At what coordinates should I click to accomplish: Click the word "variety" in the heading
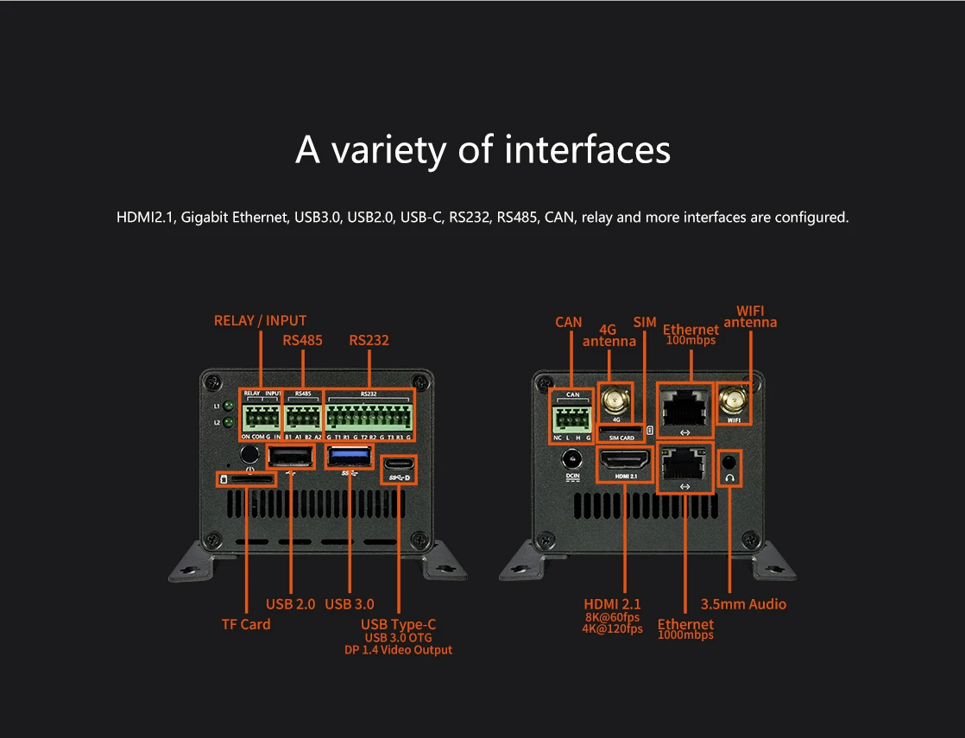tap(388, 150)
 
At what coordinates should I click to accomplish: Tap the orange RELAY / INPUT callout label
tap(260, 320)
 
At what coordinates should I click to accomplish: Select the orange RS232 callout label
tap(369, 340)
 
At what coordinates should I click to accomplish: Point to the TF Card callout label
tap(246, 624)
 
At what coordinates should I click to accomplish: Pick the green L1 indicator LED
tap(230, 407)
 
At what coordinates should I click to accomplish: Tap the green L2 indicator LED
tap(230, 422)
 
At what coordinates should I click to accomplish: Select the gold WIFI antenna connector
tap(733, 401)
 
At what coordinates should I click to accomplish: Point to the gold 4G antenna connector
tap(616, 401)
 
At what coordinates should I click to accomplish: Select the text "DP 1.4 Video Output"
tap(398, 650)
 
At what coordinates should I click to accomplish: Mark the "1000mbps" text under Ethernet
tap(685, 635)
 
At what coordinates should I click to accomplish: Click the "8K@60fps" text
tap(612, 617)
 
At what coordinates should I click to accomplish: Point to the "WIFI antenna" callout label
tap(750, 316)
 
